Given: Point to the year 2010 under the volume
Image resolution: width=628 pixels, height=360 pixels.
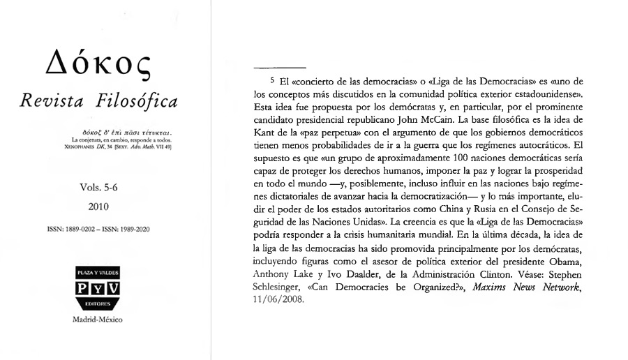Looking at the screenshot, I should tap(102, 207).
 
